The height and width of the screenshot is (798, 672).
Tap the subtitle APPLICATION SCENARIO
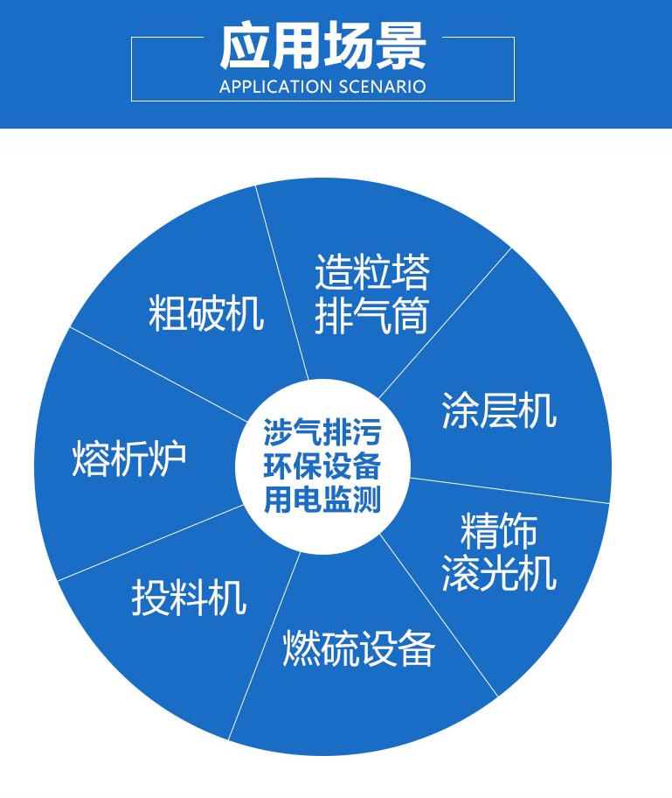[322, 87]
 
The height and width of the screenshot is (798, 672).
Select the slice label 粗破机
[206, 313]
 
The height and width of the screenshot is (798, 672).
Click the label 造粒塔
[372, 274]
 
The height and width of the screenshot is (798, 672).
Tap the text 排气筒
[372, 316]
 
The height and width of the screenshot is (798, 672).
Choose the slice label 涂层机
[499, 409]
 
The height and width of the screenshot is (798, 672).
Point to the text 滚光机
[499, 573]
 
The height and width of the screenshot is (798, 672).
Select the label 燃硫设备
[358, 649]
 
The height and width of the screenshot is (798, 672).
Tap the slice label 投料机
[189, 598]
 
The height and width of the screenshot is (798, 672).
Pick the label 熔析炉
[129, 459]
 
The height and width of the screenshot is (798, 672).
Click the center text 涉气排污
[322, 432]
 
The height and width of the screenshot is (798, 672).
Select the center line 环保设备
[322, 466]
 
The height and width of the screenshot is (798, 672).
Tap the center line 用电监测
[322, 500]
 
